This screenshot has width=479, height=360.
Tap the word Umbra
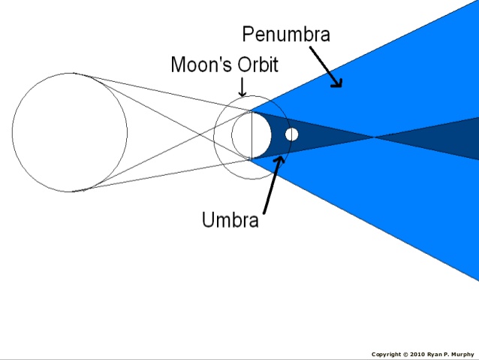tap(230, 220)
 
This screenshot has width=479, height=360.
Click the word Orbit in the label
tap(257, 65)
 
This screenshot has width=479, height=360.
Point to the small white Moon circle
tap(292, 135)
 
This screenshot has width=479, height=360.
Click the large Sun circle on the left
tap(69, 132)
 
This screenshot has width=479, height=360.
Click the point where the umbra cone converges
tap(374, 137)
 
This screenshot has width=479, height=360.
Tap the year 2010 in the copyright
tap(416, 354)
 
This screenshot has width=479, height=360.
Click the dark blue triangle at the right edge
tap(450, 138)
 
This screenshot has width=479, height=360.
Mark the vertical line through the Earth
tap(252, 135)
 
